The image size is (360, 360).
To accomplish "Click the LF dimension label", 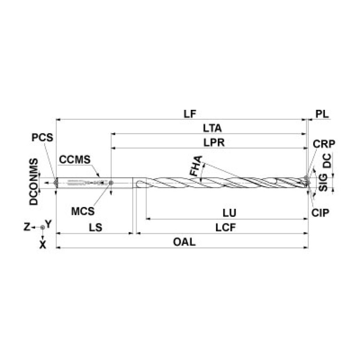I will pyautogui.click(x=190, y=114).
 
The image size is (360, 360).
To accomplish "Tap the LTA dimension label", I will pyautogui.click(x=212, y=128).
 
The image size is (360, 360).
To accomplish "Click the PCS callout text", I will pyautogui.click(x=43, y=138).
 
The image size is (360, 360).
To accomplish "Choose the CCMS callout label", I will pyautogui.click(x=74, y=159).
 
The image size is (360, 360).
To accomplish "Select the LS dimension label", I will pyautogui.click(x=96, y=227).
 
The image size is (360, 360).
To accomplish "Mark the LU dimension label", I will pyautogui.click(x=230, y=213).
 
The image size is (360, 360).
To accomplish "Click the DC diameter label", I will pyautogui.click(x=328, y=161).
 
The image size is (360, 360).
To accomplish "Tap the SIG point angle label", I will pyautogui.click(x=323, y=182).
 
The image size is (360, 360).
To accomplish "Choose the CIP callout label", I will pyautogui.click(x=320, y=212).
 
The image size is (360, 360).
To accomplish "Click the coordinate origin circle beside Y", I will pyautogui.click(x=42, y=227).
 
